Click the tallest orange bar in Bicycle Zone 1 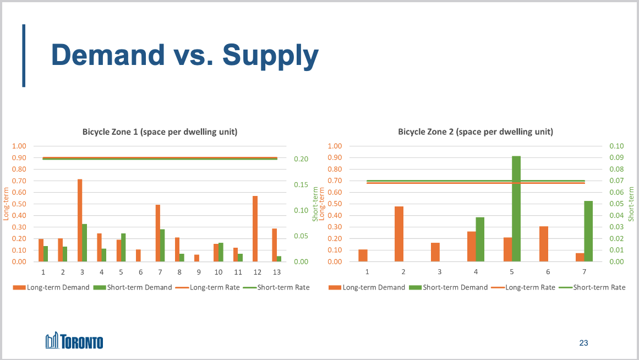click(80, 220)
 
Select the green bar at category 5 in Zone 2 click(516, 209)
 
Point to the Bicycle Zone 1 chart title click(160, 132)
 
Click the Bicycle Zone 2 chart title click(476, 132)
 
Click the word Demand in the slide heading click(108, 55)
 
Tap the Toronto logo click(74, 341)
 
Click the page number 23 click(583, 343)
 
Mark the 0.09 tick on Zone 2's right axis click(616, 158)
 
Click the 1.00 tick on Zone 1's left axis click(19, 146)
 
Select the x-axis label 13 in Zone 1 click(277, 272)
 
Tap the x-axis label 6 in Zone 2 click(548, 272)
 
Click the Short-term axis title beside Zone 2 click(631, 204)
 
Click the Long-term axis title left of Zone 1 click(7, 204)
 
